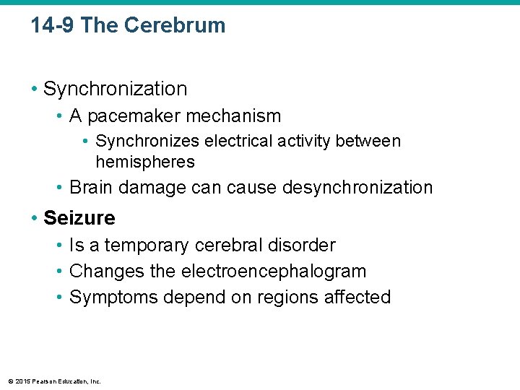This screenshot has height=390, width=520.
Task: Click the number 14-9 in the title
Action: click(53, 25)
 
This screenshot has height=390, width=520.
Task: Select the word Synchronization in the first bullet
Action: click(115, 89)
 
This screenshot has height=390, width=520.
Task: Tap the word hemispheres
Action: click(144, 161)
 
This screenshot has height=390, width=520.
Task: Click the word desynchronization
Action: click(358, 188)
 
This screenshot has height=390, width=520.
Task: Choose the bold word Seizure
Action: click(79, 217)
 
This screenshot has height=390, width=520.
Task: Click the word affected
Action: click(358, 298)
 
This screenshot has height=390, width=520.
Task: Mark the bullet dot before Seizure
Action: click(34, 218)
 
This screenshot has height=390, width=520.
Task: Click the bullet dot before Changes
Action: click(59, 272)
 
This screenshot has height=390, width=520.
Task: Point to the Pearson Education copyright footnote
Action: click(55, 381)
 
